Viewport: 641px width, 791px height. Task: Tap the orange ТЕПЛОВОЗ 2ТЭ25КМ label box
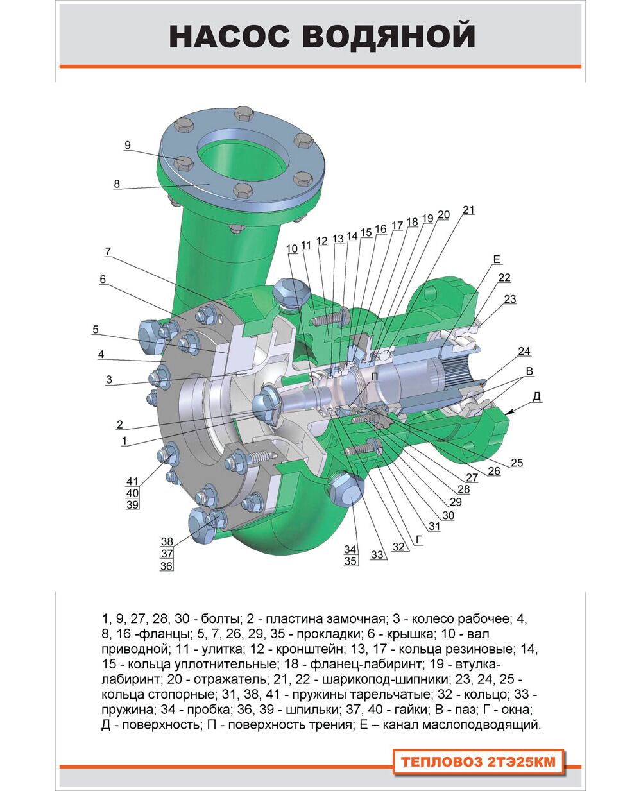point(478,761)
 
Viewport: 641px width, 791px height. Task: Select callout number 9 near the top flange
point(128,145)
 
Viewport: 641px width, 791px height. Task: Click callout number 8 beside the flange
point(117,184)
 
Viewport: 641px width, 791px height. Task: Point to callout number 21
point(468,210)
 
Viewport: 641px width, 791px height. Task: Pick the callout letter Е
point(497,259)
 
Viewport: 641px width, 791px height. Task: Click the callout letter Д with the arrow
point(537,397)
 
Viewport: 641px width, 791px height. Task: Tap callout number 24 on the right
point(524,351)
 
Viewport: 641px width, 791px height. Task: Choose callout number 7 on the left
point(108,251)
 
